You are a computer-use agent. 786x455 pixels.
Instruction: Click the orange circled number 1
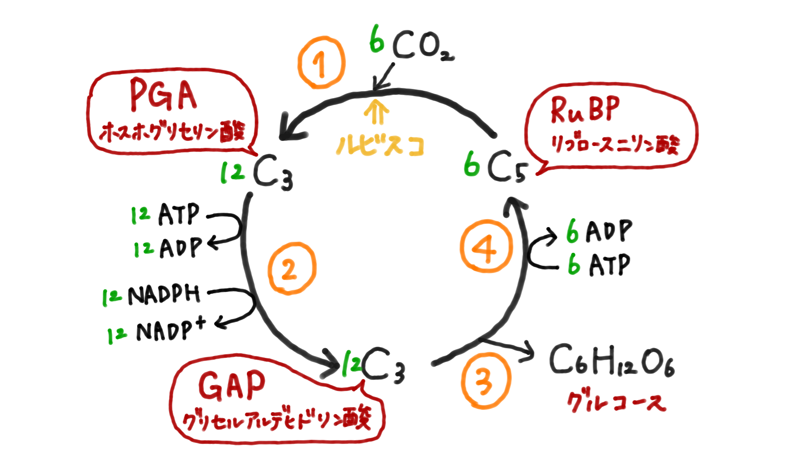(321, 63)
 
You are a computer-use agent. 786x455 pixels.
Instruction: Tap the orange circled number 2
(292, 269)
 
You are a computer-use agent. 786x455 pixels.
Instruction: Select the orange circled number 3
(485, 380)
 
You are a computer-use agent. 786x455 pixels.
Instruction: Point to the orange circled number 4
(486, 247)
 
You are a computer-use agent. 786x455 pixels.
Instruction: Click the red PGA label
(164, 95)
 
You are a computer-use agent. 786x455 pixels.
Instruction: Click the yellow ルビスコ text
(380, 145)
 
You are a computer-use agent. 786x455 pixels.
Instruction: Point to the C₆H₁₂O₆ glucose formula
(612, 362)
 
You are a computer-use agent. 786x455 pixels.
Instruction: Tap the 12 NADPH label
(152, 295)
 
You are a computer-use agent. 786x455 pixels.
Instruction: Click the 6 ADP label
(599, 230)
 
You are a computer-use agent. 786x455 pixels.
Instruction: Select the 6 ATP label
(599, 264)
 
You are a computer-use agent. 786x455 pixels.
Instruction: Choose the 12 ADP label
(168, 248)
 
